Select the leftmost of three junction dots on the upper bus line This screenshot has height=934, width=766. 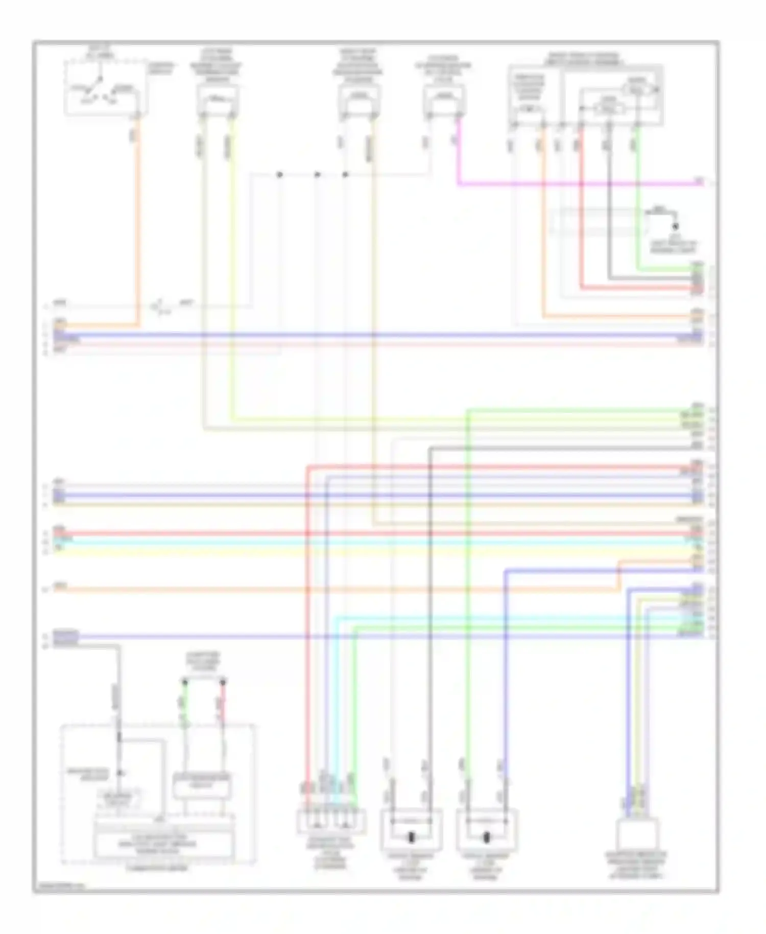[279, 175]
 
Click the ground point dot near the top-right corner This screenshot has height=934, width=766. [675, 226]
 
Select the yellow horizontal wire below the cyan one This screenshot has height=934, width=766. [357, 551]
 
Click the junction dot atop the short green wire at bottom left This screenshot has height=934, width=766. [185, 682]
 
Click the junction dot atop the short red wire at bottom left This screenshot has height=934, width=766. [223, 682]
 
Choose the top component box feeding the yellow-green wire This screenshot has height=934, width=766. [218, 100]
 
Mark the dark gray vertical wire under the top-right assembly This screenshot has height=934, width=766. [609, 204]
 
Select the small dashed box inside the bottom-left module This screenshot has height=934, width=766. [118, 800]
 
